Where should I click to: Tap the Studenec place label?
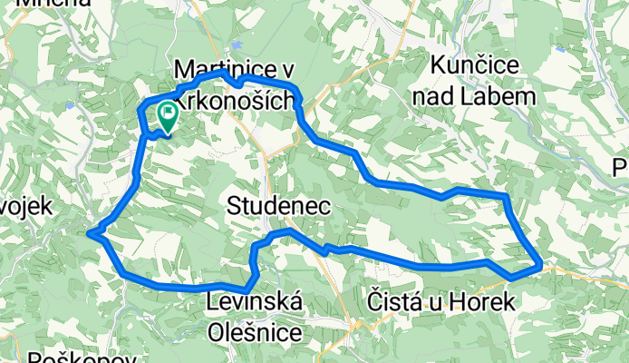[x=278, y=206]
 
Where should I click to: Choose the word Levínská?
[x=256, y=301]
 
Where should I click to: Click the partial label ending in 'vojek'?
[x=25, y=206]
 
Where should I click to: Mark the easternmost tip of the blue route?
[x=541, y=265]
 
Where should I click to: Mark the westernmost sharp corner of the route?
[x=90, y=234]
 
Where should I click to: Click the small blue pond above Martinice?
[x=237, y=43]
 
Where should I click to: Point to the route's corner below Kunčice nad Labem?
[x=506, y=196]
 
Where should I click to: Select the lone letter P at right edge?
[x=621, y=168]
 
